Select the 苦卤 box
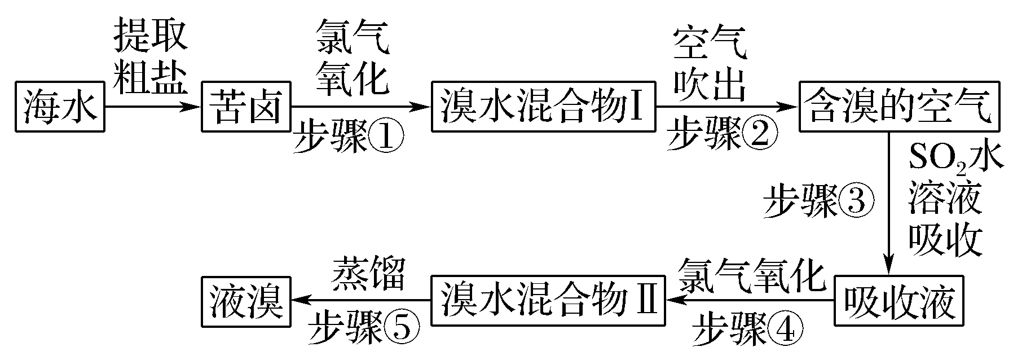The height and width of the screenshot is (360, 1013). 245,107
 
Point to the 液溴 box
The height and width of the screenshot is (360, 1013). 245,301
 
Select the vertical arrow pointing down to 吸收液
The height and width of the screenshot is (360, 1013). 889,203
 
